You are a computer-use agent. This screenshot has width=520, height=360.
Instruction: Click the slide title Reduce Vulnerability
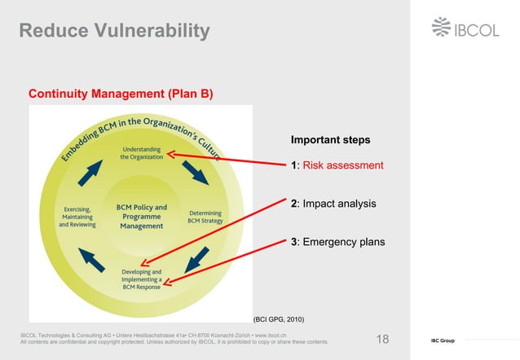point(115,32)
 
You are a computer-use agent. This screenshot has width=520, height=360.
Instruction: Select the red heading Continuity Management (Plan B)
point(121,94)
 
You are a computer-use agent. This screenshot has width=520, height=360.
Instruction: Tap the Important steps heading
point(330,140)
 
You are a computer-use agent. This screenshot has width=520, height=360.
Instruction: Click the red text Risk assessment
point(343,165)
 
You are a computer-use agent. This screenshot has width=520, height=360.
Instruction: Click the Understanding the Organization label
point(142,153)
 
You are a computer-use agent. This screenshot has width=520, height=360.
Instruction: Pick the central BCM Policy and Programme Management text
point(141,217)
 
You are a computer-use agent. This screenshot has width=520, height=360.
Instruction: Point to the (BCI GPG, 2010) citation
point(279,319)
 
